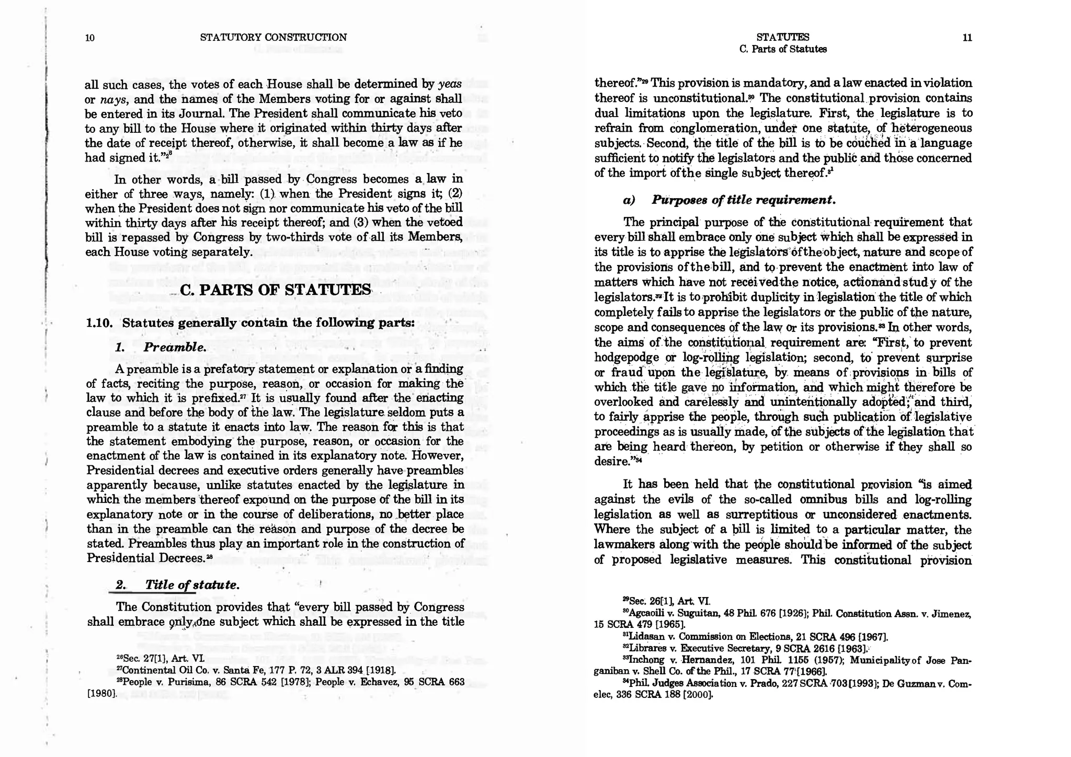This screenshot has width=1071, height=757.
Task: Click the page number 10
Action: (x=90, y=38)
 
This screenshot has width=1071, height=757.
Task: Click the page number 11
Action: (x=967, y=38)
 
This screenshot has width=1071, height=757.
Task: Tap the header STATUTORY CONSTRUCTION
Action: (x=273, y=37)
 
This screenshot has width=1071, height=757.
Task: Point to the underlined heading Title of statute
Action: (x=178, y=584)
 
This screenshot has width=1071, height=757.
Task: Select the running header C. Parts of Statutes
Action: (x=783, y=50)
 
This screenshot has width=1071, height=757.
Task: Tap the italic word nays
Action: (x=109, y=99)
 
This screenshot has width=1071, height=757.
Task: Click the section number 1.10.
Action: (x=99, y=323)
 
